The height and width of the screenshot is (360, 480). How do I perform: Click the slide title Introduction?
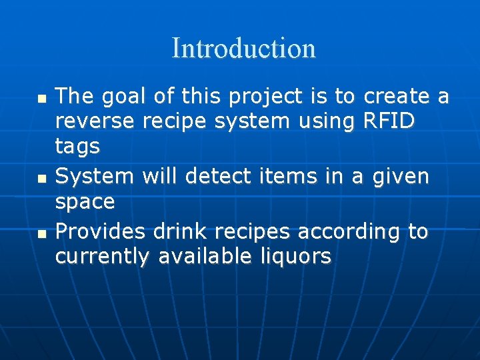pyautogui.click(x=243, y=49)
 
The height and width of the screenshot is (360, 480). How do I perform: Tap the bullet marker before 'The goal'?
pyautogui.click(x=42, y=98)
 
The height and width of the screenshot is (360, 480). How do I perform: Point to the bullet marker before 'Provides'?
pyautogui.click(x=42, y=233)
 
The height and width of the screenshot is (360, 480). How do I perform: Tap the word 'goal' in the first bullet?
pyautogui.click(x=124, y=97)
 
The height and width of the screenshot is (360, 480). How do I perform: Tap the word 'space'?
pyautogui.click(x=85, y=201)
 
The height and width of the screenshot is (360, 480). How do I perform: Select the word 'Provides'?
pyautogui.click(x=100, y=231)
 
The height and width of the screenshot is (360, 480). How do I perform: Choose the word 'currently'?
pyautogui.click(x=102, y=256)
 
